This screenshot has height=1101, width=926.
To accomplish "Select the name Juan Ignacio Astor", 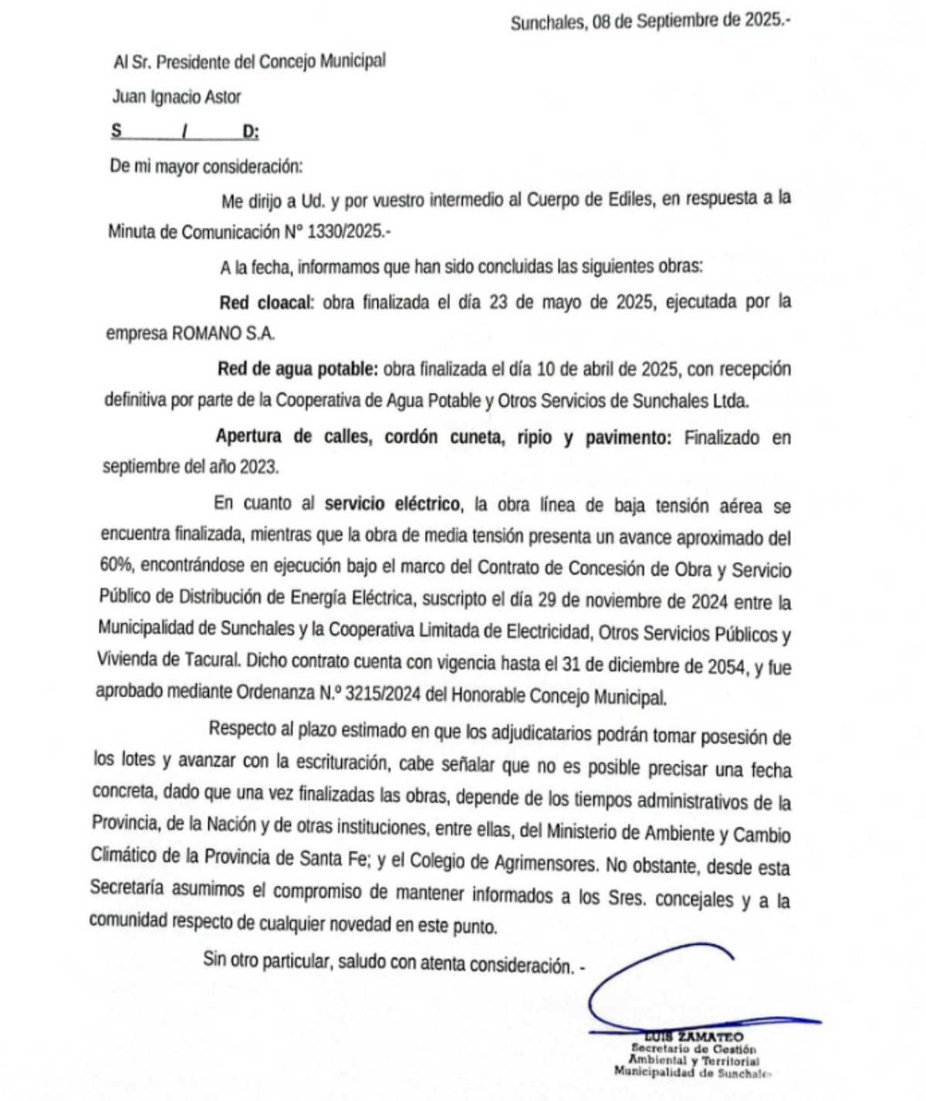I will point(177,97).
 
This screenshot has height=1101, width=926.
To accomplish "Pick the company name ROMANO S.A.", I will point(223,334).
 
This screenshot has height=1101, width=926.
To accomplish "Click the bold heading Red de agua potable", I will point(298,369).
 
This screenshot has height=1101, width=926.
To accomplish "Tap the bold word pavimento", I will point(627,438).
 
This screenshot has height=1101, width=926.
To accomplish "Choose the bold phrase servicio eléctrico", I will point(392,504).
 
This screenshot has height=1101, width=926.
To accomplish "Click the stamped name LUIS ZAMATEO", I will point(694,1037).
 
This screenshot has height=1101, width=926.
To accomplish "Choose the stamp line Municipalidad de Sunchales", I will point(691,1072).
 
